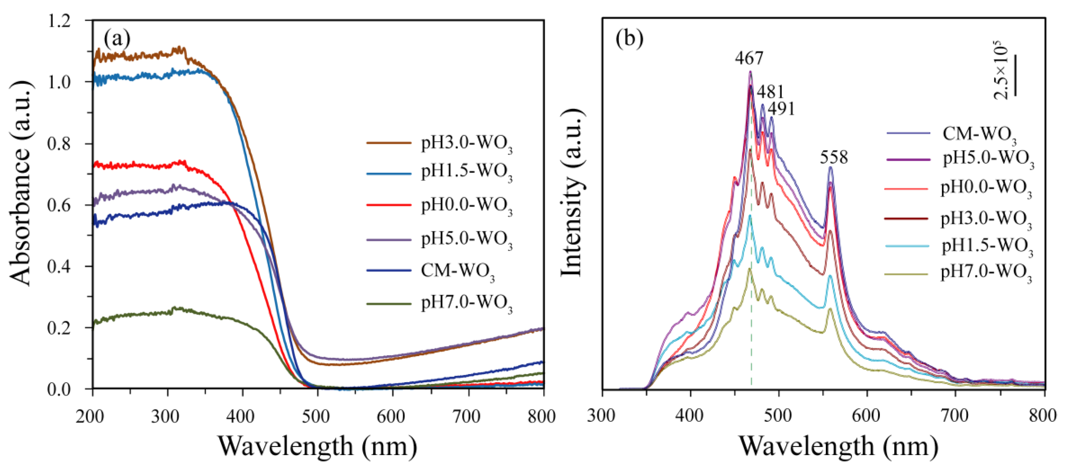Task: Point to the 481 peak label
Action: [770, 92]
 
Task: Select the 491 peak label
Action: [781, 109]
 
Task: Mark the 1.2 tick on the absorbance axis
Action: [59, 21]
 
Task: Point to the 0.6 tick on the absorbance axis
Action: [59, 205]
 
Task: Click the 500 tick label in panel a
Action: [316, 416]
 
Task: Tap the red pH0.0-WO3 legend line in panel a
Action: [389, 204]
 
